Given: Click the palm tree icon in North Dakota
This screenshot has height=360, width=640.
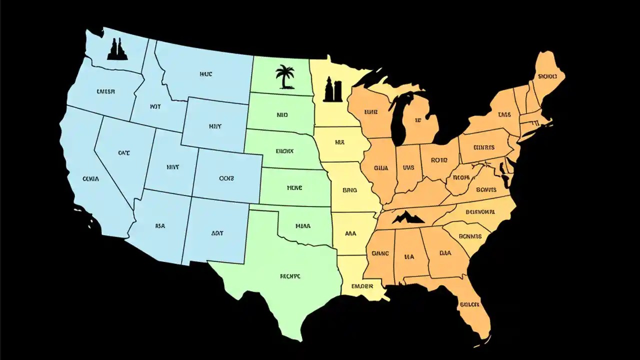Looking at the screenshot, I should [x=285, y=76].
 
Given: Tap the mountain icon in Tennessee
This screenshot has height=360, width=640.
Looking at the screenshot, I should [x=408, y=217].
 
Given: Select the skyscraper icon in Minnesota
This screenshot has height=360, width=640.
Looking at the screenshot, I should [x=332, y=89].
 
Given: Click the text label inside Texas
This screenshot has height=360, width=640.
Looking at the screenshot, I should [x=290, y=275].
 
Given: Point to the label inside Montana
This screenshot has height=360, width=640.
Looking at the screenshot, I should [x=206, y=74].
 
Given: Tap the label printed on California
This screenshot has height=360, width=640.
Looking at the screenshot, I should [x=90, y=178].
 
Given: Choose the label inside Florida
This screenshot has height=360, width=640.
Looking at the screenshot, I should [x=469, y=304].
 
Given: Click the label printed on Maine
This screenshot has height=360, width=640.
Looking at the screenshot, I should [x=547, y=76].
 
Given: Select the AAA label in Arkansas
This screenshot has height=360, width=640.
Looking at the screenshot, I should [x=351, y=233].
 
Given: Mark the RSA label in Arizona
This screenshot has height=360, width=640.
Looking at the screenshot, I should [x=160, y=226].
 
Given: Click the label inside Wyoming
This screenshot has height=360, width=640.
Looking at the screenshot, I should [x=215, y=126].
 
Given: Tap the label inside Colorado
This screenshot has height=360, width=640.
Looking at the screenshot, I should [x=226, y=178].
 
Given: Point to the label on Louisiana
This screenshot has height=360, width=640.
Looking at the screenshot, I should [x=362, y=286].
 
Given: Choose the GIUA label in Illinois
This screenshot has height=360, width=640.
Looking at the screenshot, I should [x=381, y=168].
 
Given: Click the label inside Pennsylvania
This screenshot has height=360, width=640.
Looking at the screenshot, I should [x=483, y=147].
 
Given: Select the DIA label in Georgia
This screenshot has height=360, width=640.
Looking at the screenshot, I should [x=445, y=253].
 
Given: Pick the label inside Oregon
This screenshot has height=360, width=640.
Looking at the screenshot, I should [x=105, y=91].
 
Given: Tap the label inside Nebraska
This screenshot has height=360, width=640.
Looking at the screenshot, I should [x=284, y=150].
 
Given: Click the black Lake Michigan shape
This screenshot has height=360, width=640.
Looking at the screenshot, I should [x=398, y=120].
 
